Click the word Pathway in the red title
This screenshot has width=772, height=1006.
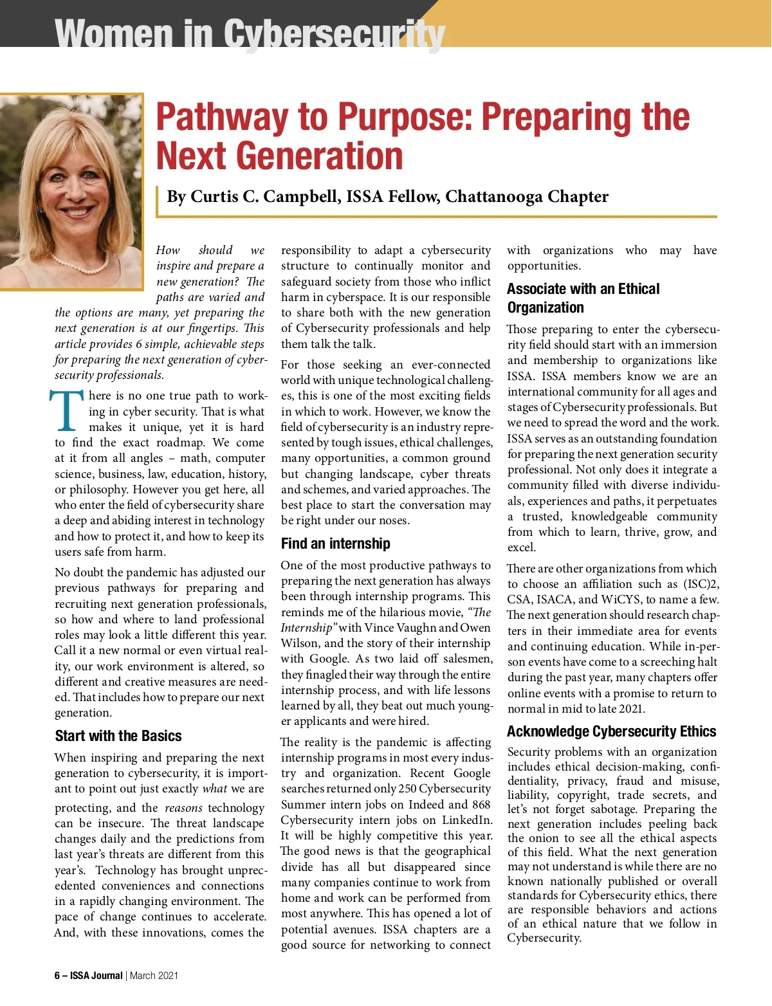coord(222,118)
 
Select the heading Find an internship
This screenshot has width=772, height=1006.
coord(335,544)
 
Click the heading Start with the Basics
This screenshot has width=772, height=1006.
coord(118,736)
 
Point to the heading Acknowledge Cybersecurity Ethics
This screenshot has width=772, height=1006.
coord(611,731)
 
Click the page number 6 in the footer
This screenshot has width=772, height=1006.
coord(57,975)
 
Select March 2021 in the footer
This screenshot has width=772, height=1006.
coord(154,975)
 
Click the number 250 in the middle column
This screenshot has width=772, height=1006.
coord(408,789)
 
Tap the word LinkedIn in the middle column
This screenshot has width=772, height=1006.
coord(467,820)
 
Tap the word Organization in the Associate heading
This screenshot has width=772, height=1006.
coord(546,307)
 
